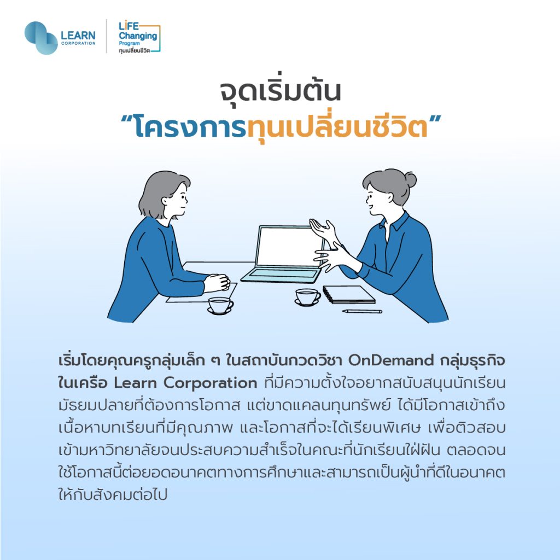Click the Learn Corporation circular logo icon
(41, 38)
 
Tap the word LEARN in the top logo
(78, 36)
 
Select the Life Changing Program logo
(139, 38)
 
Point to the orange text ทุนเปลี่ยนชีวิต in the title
(337, 127)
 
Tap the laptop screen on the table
(290, 247)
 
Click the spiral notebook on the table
(349, 294)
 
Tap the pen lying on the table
(362, 311)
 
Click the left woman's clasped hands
(217, 283)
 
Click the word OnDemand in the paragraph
(390, 360)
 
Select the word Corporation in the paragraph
(211, 383)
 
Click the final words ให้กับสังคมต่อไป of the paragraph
(113, 495)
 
